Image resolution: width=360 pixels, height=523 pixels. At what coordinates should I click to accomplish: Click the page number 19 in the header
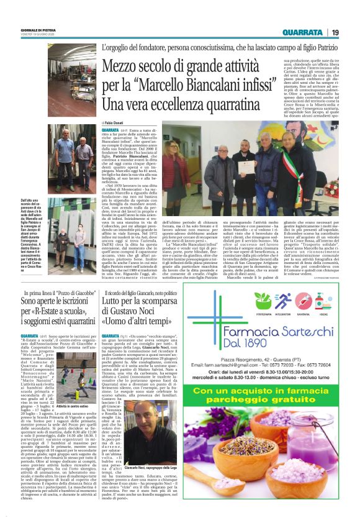[335, 32]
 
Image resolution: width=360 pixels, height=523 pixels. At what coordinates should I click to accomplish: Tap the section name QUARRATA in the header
[302, 32]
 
